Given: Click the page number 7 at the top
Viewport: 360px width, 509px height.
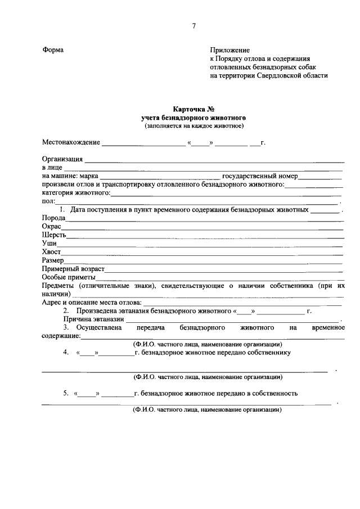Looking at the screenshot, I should (x=194, y=26).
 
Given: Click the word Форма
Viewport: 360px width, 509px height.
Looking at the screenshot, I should (x=53, y=49).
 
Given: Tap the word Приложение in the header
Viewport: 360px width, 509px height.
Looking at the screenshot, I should (x=230, y=49).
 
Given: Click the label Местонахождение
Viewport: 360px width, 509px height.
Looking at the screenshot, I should (x=71, y=142).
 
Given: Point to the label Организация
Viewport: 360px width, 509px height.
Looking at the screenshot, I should (x=62, y=159).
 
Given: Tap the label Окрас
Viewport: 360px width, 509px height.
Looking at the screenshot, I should (x=52, y=226).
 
